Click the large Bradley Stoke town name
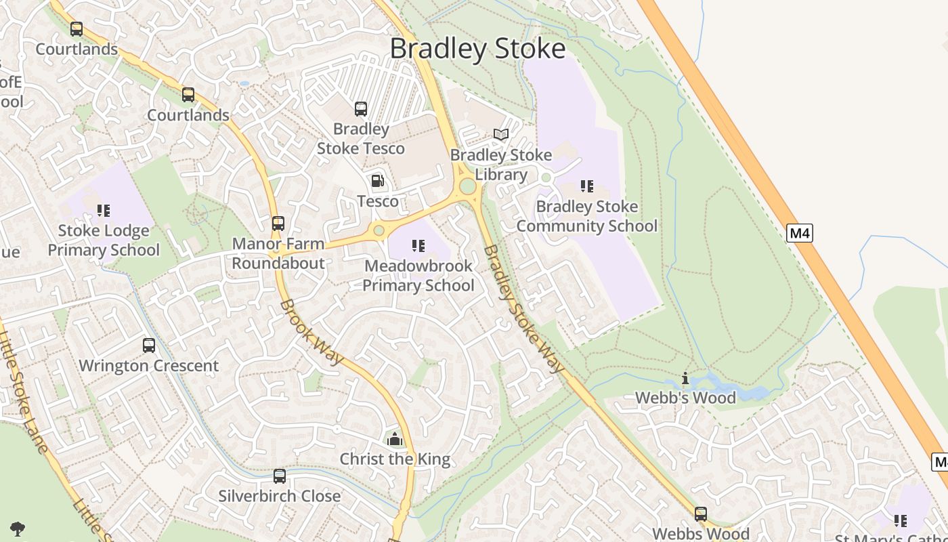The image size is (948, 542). coord(477,49)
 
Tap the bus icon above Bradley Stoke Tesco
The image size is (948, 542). coord(361,108)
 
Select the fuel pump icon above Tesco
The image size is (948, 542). coord(377,181)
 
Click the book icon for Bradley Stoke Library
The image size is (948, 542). coord(501,135)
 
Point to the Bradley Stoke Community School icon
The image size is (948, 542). coord(586,186)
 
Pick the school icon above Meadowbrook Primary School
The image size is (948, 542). coord(418,245)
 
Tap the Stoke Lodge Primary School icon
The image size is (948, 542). coord(103,211)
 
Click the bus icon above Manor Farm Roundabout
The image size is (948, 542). coord(278,223)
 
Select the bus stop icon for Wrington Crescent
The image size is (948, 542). coord(149,346)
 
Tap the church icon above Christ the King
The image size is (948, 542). coord(395,439)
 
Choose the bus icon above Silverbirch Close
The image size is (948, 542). coord(279,476)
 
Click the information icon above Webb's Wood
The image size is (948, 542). coord(685,378)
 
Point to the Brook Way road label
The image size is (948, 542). coord(311,332)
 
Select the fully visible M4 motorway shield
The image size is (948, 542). coord(800,234)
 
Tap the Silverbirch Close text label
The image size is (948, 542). coord(279,496)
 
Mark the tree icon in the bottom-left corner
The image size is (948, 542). coord(18,528)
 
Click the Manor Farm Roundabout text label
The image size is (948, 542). coord(278,253)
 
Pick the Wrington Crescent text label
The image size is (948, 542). coord(149,366)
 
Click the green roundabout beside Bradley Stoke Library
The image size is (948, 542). coord(467,186)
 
